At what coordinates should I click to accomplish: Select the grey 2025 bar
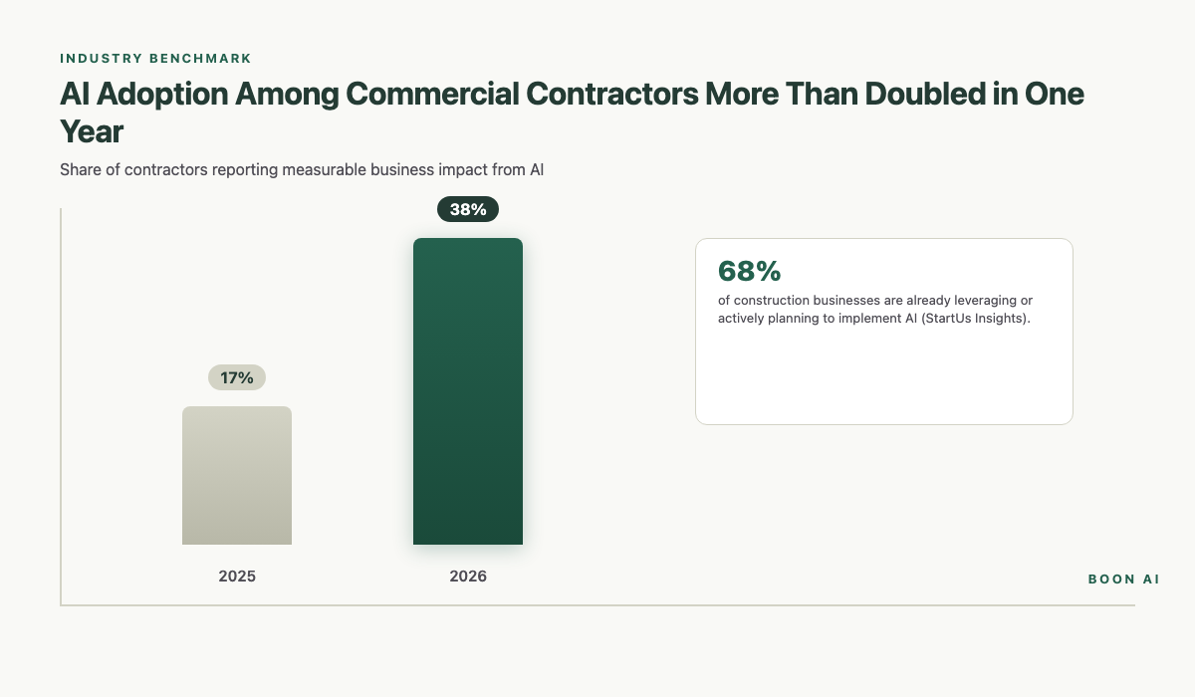click(x=237, y=476)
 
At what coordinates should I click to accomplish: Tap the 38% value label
click(x=468, y=209)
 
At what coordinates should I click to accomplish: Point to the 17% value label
click(x=237, y=378)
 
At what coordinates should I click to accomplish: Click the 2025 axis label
click(x=237, y=577)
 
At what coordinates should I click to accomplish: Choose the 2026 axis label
click(x=468, y=577)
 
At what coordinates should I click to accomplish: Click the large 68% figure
click(x=749, y=271)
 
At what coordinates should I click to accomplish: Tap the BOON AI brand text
click(x=1123, y=579)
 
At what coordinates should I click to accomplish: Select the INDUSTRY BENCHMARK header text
click(x=155, y=59)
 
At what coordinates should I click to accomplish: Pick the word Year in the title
click(x=91, y=132)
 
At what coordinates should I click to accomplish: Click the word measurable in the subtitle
click(x=326, y=169)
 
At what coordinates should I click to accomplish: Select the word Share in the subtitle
click(x=81, y=169)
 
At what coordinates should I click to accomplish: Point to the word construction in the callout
click(x=771, y=300)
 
